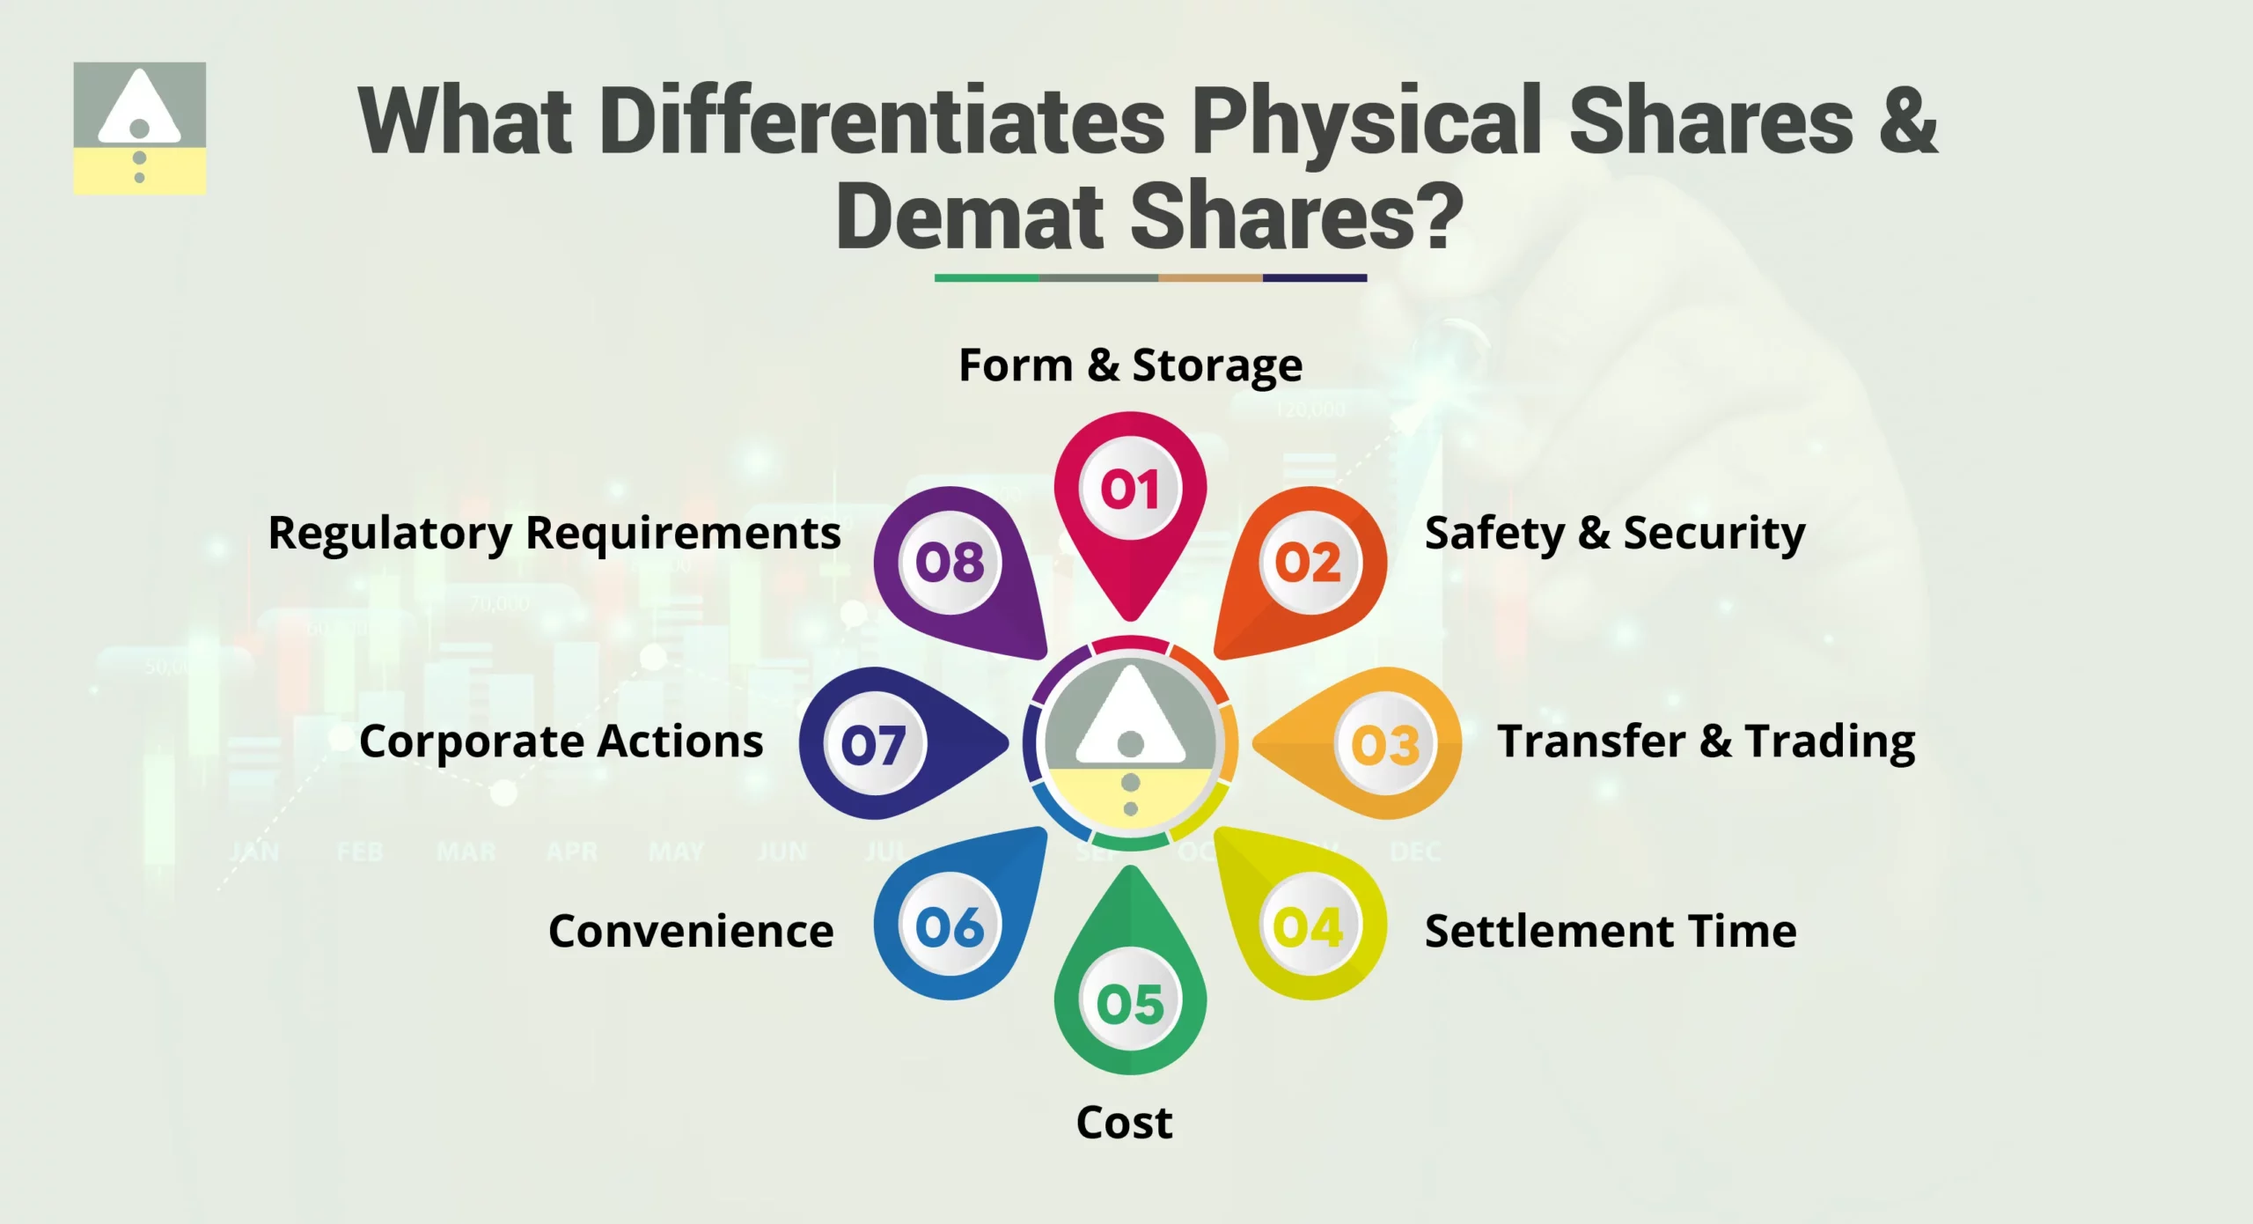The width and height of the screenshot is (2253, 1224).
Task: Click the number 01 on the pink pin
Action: (x=1130, y=489)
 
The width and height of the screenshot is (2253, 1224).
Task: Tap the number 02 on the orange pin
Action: (x=1308, y=563)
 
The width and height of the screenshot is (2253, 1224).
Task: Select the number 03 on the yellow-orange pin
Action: (x=1385, y=745)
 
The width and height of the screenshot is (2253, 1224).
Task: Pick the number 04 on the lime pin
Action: (x=1308, y=927)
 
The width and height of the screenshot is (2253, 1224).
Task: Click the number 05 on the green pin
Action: (x=1130, y=1003)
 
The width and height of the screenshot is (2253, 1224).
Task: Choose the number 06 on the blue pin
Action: (x=950, y=927)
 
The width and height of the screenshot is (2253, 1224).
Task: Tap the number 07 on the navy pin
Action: (x=873, y=745)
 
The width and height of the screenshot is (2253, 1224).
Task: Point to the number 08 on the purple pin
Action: (x=950, y=563)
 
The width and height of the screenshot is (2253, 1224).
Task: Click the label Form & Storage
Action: (x=1130, y=365)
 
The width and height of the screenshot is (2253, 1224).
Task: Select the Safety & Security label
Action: (x=1615, y=534)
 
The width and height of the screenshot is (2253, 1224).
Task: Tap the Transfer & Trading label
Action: (x=1706, y=741)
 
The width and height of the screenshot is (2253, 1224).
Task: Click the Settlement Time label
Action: (x=1611, y=932)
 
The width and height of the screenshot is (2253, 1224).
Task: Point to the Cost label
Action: (x=1124, y=1123)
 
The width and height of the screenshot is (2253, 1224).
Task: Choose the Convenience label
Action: (x=691, y=932)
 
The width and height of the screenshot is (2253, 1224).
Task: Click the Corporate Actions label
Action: (x=561, y=741)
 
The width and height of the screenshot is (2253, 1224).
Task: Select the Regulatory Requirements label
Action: (x=554, y=534)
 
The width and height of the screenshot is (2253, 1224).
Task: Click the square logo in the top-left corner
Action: (x=140, y=128)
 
